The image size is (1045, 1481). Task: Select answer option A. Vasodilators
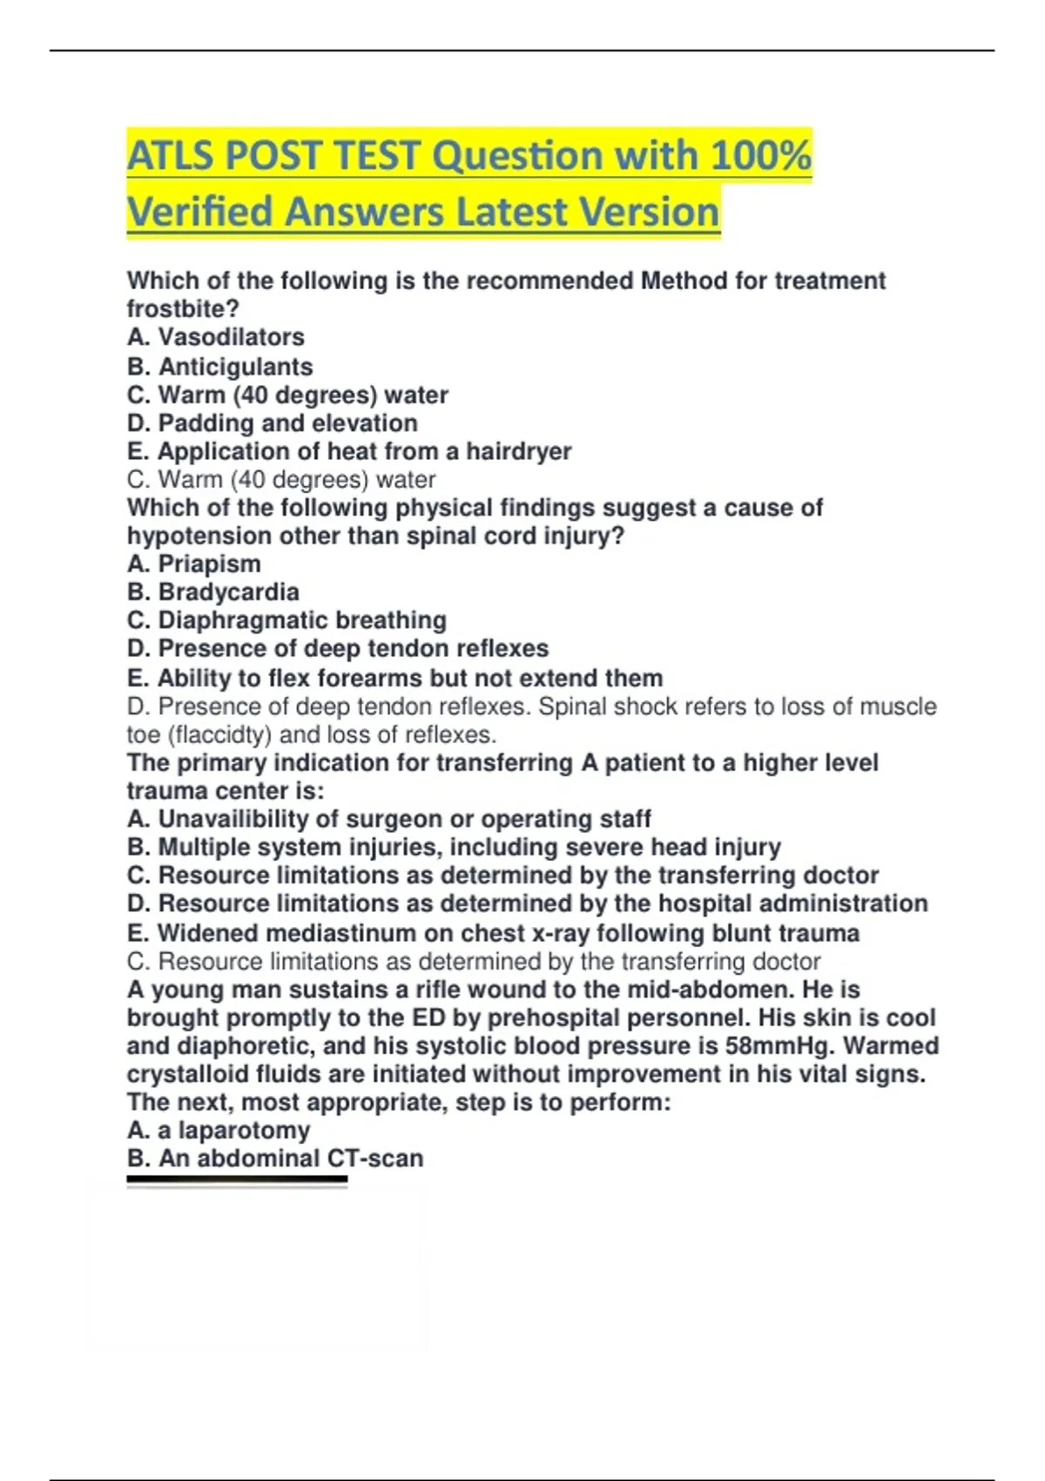coord(215,337)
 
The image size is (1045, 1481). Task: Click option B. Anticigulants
coord(219,367)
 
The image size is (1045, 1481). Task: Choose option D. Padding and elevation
coord(272,423)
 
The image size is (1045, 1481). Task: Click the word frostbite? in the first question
coord(183,309)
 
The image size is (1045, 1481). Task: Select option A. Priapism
coord(193,564)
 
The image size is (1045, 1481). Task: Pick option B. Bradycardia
coord(212,592)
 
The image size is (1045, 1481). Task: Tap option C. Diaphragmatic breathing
coord(287,620)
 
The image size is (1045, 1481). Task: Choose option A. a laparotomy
coord(218,1130)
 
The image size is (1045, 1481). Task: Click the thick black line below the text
coord(237,1180)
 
